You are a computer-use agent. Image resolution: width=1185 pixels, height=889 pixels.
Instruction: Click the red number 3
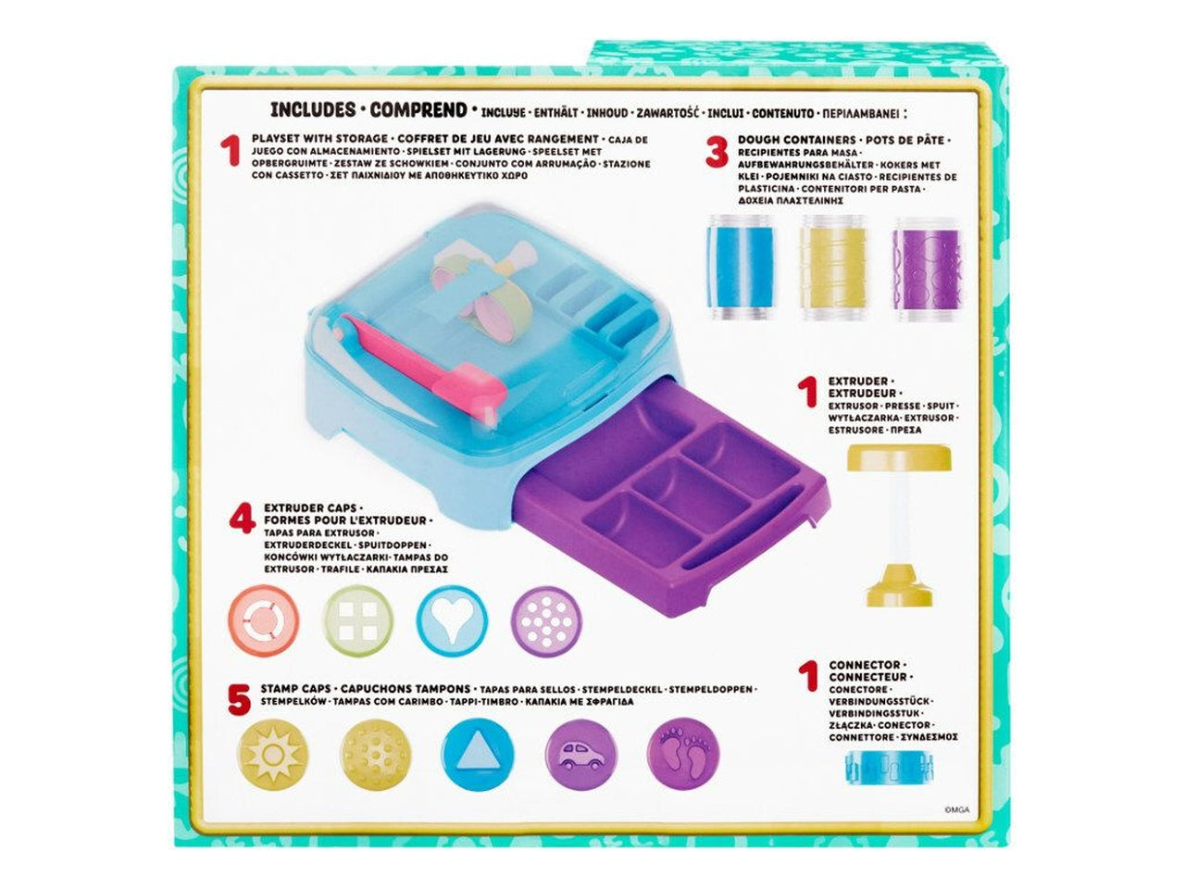coord(716,152)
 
